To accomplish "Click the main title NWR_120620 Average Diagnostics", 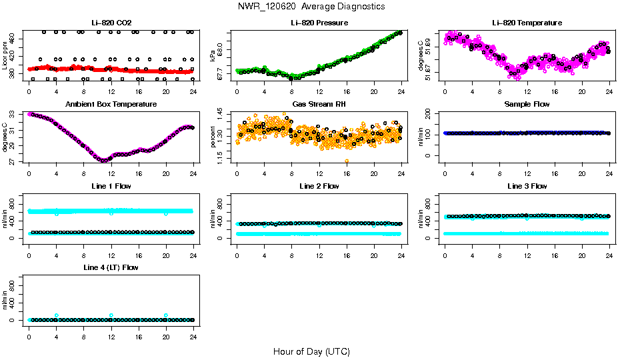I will pos(311,6).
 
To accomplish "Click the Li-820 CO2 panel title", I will pos(111,23).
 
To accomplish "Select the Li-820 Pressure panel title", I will pos(319,23).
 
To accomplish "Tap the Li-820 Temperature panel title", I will pos(527,23).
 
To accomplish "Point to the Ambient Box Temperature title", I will pos(111,104).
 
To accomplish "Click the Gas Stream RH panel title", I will pos(319,104).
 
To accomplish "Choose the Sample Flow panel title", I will pos(527,104).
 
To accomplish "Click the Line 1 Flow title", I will pos(111,186).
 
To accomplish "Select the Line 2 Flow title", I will pos(319,186).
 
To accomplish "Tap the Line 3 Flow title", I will pos(527,186).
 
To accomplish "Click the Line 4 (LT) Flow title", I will pos(111,267).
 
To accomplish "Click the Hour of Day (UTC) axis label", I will pos(311,351).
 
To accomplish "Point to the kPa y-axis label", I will pos(212,56).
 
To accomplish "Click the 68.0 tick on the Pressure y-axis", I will pos(223,51).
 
